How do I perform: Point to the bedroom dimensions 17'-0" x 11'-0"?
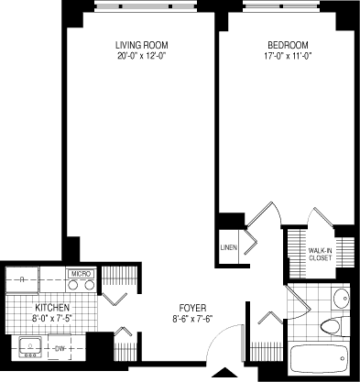click(287, 56)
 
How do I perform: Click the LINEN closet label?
click(229, 247)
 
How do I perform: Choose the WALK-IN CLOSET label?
click(320, 254)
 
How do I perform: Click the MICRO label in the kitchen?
click(80, 273)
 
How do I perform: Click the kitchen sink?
click(30, 347)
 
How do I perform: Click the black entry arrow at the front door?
click(220, 373)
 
